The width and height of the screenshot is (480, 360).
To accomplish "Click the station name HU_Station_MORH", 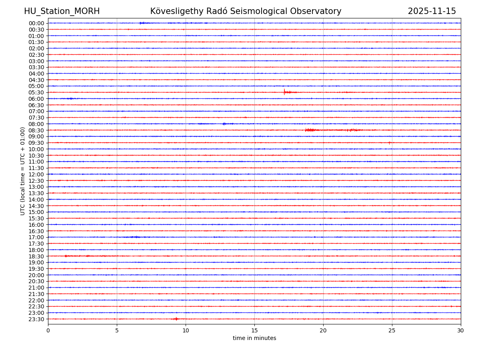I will click(x=62, y=12).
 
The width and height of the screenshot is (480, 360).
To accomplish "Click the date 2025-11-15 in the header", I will click(x=432, y=12).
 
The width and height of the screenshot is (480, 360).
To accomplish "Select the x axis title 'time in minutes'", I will click(x=254, y=338).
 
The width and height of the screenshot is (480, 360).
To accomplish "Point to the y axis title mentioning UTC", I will click(x=23, y=171).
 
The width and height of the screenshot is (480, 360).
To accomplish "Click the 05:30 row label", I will click(x=36, y=92).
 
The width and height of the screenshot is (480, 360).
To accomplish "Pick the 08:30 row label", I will click(x=36, y=130).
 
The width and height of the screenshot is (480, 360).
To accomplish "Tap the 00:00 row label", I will click(x=36, y=23).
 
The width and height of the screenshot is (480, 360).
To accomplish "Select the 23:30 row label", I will click(x=36, y=319).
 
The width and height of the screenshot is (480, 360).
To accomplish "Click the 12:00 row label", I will click(x=36, y=174).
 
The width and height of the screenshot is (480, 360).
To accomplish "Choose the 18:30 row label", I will click(x=36, y=256).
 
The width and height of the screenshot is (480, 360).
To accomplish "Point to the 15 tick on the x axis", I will click(x=254, y=330).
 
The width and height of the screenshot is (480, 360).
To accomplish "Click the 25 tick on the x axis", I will click(x=392, y=330).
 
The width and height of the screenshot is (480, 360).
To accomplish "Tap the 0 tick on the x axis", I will click(x=48, y=330).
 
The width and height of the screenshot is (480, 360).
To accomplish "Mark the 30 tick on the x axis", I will click(x=461, y=330).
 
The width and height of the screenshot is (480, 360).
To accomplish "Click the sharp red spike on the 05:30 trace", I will click(x=284, y=92).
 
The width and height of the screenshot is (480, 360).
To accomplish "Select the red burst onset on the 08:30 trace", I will click(x=306, y=130).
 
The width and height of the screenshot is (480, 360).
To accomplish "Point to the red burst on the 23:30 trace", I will click(x=176, y=319).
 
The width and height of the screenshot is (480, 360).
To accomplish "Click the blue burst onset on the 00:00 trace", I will click(x=140, y=23).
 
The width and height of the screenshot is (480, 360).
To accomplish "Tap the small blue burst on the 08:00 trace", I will click(x=224, y=124).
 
